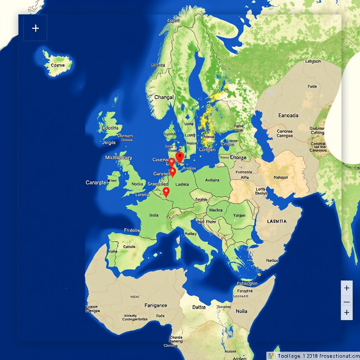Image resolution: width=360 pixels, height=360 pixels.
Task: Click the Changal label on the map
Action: (164, 97)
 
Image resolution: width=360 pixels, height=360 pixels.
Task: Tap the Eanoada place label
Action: (288, 116)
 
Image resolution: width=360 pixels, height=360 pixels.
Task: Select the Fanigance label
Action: (156, 305)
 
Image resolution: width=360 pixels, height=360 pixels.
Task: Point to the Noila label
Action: (241, 311)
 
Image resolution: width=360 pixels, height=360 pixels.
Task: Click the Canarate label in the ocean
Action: (96, 183)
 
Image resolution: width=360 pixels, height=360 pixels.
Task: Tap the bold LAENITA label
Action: (276, 221)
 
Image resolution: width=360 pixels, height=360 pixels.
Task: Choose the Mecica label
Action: (215, 210)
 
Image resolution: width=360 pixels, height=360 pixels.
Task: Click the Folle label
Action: (312, 86)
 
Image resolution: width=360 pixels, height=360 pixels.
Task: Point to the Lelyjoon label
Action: (312, 62)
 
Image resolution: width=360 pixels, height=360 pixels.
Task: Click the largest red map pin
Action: (179, 157)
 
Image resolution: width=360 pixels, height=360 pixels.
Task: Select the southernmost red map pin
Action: (166, 192)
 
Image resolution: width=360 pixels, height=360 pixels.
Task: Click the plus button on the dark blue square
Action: (35, 28)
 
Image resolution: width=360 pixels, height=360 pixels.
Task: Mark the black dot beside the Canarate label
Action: (109, 181)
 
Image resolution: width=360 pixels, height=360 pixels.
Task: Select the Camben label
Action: (207, 150)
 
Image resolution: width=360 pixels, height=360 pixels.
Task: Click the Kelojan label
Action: (281, 177)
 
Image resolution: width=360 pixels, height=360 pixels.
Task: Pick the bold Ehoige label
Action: (238, 157)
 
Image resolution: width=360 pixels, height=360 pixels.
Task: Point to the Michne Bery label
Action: (118, 158)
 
